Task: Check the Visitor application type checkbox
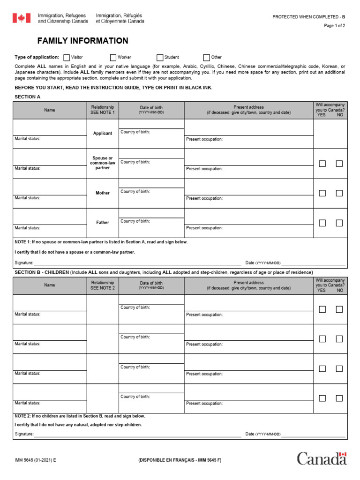pyautogui.click(x=67, y=58)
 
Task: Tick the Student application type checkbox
pyautogui.click(x=160, y=58)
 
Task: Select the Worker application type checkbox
pyautogui.click(x=113, y=58)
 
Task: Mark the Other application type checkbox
pyautogui.click(x=207, y=58)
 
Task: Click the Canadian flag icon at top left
pyautogui.click(x=21, y=18)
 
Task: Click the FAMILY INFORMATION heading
pyautogui.click(x=82, y=41)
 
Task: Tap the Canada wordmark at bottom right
pyautogui.click(x=322, y=458)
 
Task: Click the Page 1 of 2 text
pyautogui.click(x=334, y=26)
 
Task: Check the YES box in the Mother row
pyautogui.click(x=322, y=193)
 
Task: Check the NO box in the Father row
pyautogui.click(x=339, y=223)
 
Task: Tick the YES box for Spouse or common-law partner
pyautogui.click(x=322, y=164)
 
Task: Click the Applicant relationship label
pyautogui.click(x=103, y=134)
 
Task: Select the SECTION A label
pyautogui.click(x=28, y=97)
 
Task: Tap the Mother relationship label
pyautogui.click(x=103, y=193)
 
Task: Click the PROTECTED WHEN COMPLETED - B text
pyautogui.click(x=308, y=17)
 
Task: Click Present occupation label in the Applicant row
pyautogui.click(x=204, y=139)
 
